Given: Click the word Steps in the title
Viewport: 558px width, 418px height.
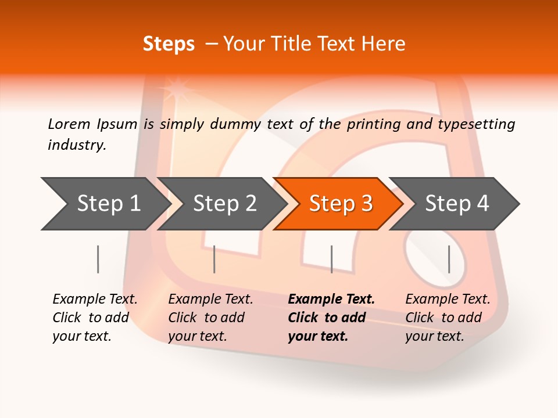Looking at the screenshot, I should tap(169, 44).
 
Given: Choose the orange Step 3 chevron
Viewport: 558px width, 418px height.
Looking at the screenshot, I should tap(341, 203).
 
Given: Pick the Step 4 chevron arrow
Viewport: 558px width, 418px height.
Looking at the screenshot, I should tap(457, 203).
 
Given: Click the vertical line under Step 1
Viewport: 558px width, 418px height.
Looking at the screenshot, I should tap(98, 259).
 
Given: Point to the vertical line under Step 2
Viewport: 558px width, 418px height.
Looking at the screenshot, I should tap(214, 259).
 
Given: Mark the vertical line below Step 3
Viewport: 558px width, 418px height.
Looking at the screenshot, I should tap(331, 259).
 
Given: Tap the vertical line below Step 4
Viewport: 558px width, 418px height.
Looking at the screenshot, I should tap(449, 259).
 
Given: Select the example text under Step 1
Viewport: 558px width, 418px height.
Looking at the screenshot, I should tap(95, 317).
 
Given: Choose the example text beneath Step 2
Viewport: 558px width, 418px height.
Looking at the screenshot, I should tap(210, 317).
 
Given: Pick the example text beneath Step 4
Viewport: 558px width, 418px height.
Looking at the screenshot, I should tap(448, 317).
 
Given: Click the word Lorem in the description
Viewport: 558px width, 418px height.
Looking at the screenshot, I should tap(69, 124).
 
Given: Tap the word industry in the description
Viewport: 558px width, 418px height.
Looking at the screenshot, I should tap(76, 145).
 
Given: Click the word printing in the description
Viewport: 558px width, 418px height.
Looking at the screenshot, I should tap(374, 124).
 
